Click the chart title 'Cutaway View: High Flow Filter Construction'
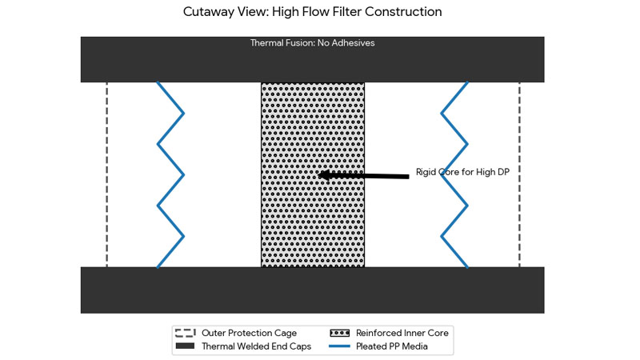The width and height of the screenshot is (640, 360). coord(312,12)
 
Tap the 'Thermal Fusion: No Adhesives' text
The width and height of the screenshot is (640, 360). coord(312,43)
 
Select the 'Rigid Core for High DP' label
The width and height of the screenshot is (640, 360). coord(462,172)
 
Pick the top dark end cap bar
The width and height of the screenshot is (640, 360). coord(312,64)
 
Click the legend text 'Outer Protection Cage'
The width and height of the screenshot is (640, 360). coord(249,333)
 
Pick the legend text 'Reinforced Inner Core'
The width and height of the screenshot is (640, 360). coord(402,333)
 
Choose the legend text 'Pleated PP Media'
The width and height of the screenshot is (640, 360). coord(392,346)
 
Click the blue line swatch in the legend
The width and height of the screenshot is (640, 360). coord(340,346)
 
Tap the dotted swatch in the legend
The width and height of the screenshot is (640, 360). coord(340,333)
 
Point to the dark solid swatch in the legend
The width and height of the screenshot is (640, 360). coord(186,346)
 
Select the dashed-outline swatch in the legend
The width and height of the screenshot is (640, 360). coord(186,333)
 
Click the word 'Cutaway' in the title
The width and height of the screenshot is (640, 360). coord(208,12)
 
